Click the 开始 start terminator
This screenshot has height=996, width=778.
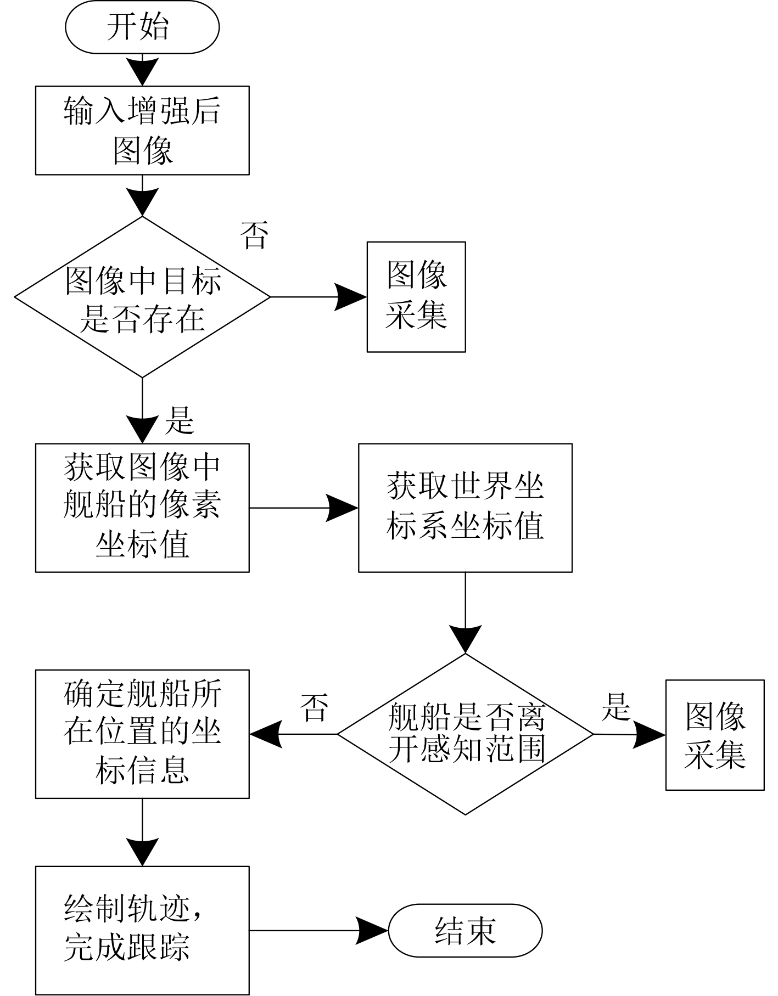[142, 27]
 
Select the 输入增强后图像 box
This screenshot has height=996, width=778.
[142, 131]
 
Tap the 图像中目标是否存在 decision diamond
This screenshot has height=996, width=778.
[142, 297]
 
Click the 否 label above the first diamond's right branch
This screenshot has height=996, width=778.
[254, 235]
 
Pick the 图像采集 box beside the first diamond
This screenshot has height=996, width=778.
[416, 297]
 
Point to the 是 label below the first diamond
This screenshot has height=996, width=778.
[180, 421]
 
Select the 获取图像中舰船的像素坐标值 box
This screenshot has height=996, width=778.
[142, 508]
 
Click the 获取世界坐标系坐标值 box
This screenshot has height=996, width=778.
[465, 508]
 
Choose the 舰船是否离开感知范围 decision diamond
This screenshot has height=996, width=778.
[465, 734]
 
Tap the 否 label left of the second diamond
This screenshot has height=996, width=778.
[315, 708]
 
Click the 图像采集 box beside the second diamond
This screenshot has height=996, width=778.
[715, 735]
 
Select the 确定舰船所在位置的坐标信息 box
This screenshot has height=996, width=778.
[142, 734]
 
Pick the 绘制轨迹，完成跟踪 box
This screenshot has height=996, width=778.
[142, 930]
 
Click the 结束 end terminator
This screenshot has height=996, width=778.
[465, 931]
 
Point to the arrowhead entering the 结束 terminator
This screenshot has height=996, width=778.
[373, 931]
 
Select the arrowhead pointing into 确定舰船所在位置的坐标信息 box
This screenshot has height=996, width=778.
[266, 734]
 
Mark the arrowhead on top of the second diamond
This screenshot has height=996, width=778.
[465, 639]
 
